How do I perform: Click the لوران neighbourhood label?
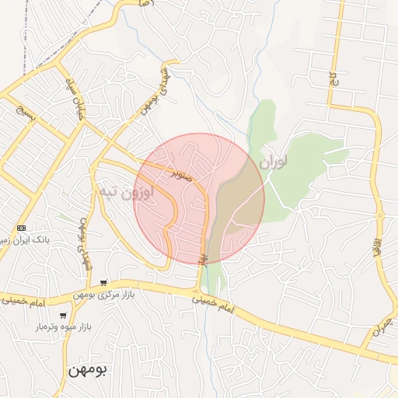click(x=274, y=162)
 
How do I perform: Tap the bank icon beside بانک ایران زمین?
click(x=21, y=228)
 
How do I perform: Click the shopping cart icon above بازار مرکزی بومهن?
click(x=104, y=283)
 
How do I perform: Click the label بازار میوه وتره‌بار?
click(x=63, y=328)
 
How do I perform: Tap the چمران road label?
click(x=377, y=327)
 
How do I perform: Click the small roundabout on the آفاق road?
click(x=380, y=215)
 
